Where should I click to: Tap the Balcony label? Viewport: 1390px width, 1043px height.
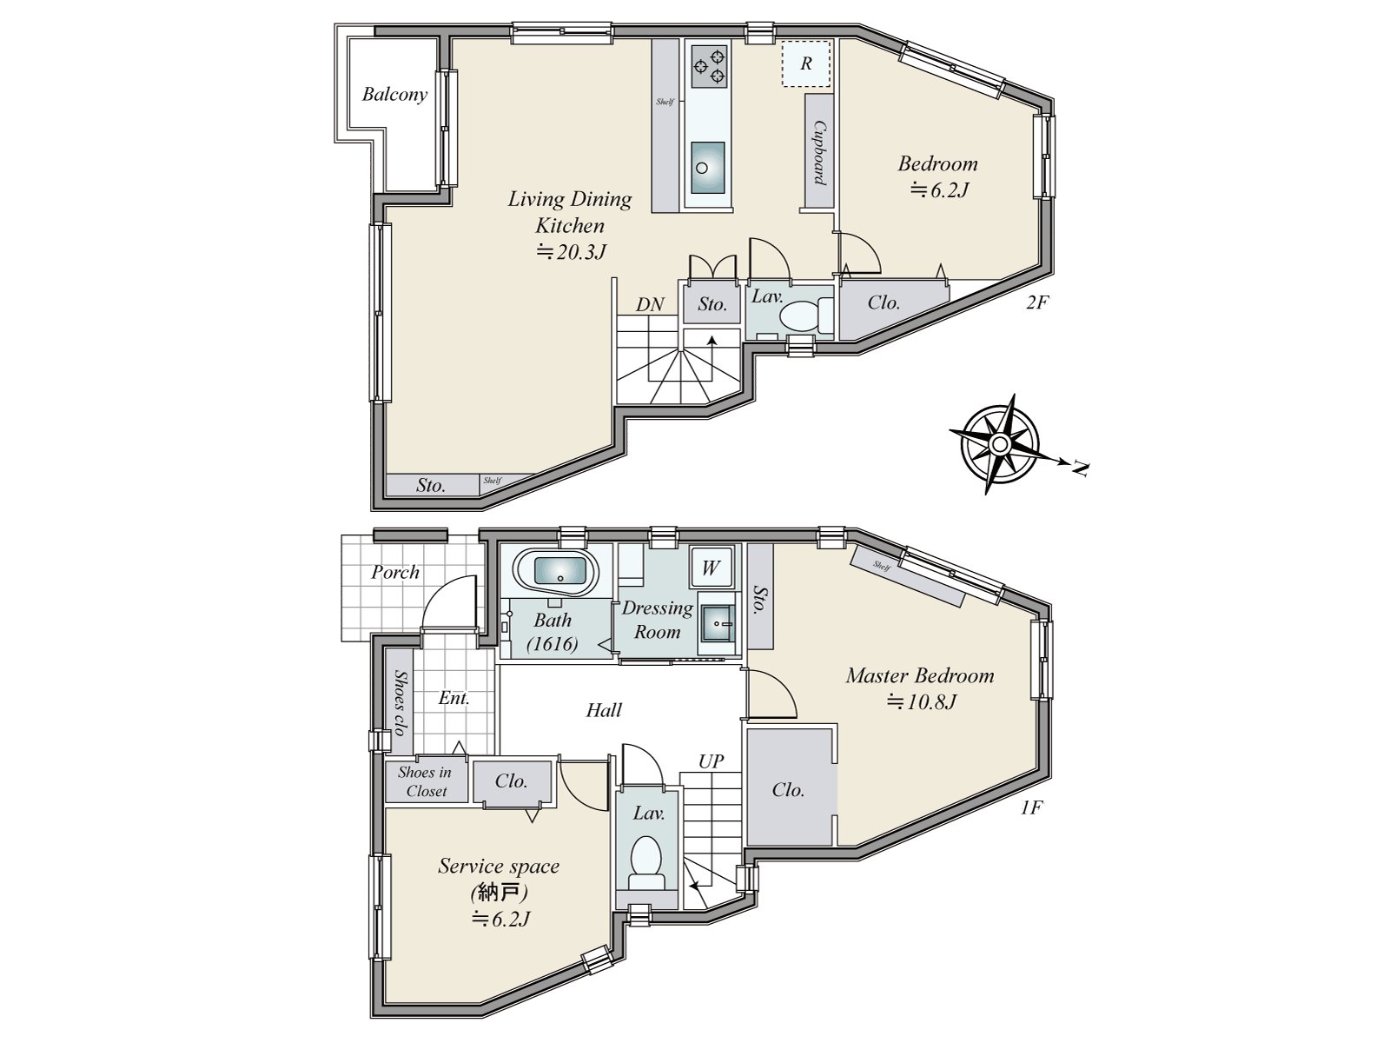[394, 95]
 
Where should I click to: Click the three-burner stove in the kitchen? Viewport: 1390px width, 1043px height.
[709, 66]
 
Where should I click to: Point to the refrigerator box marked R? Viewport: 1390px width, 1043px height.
[806, 63]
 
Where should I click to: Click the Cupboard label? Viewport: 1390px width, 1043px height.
[818, 151]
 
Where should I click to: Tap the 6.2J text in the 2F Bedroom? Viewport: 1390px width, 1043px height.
[939, 189]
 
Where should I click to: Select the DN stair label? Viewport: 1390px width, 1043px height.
[650, 304]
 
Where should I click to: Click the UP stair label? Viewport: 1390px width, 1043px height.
[711, 761]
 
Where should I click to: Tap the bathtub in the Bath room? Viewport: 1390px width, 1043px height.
[555, 573]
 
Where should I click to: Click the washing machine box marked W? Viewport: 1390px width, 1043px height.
[711, 568]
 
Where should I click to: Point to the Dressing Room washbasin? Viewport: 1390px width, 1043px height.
[717, 622]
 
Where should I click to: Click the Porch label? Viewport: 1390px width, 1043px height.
[395, 572]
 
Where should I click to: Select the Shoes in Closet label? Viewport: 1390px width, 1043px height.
[426, 781]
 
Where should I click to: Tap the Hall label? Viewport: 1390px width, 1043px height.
[604, 710]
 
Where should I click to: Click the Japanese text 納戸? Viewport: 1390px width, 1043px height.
[499, 892]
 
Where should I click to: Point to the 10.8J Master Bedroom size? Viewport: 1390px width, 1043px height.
[921, 702]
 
